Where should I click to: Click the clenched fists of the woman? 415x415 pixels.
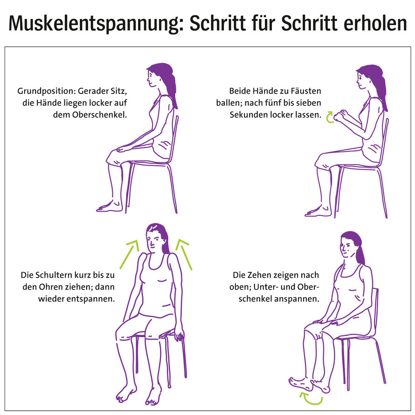pos(344,113)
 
